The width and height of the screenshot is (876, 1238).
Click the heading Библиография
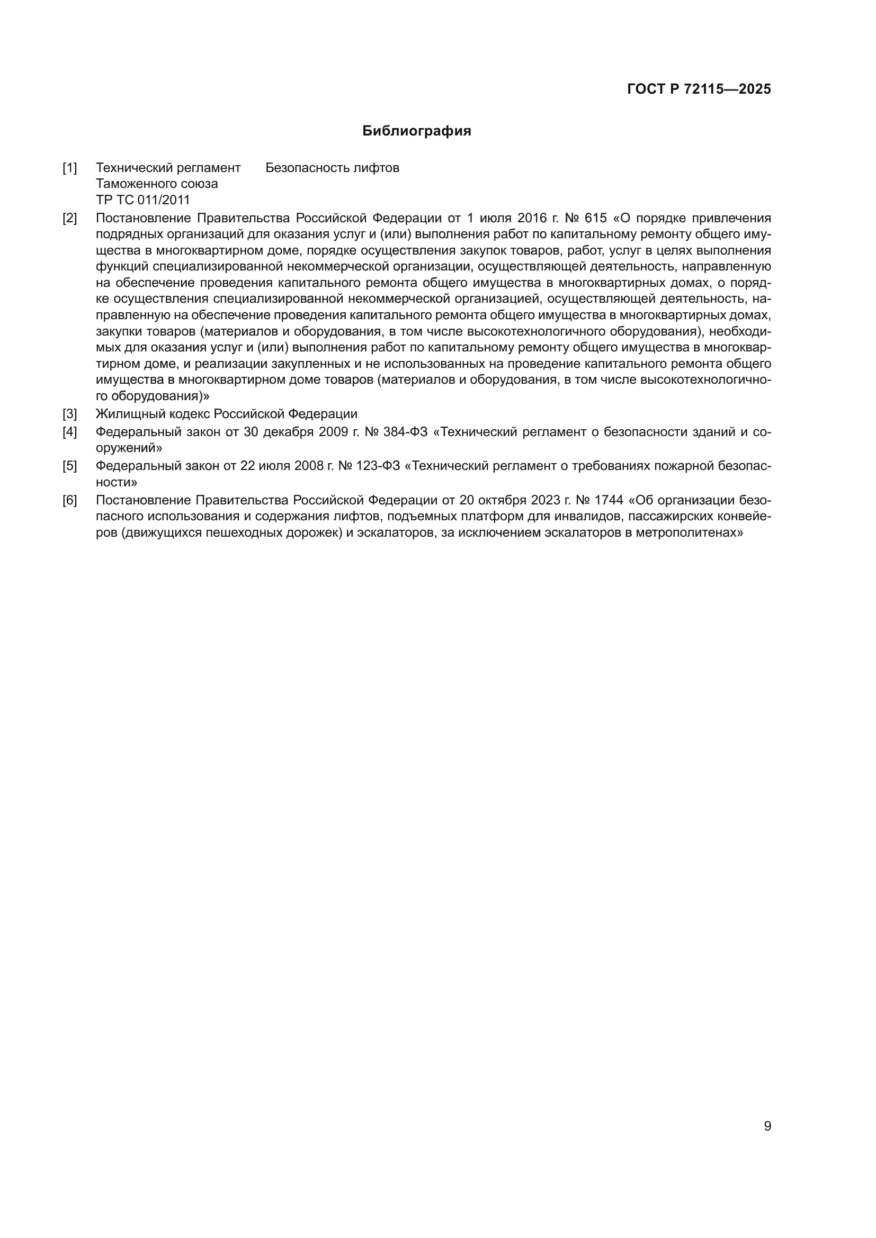416,131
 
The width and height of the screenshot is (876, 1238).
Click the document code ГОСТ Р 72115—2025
699,89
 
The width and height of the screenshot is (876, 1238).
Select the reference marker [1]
69,168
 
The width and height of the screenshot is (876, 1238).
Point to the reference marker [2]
69,219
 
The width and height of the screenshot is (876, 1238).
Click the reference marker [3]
69,414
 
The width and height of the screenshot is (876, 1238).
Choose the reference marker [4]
69,432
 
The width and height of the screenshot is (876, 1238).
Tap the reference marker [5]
69,466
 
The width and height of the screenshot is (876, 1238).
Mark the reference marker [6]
69,500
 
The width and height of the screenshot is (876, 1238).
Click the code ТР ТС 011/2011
143,200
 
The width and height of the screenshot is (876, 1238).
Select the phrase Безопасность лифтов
332,168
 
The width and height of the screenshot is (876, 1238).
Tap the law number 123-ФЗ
378,466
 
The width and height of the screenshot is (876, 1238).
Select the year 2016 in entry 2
532,219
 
